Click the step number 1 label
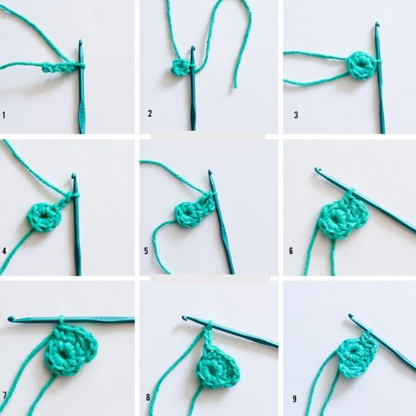[x=4, y=115]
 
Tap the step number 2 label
[x=150, y=114]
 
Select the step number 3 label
[x=296, y=115]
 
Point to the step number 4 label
[x=4, y=251]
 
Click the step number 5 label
[x=146, y=251]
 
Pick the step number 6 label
[x=291, y=251]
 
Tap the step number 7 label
[x=4, y=395]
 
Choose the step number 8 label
[x=148, y=397]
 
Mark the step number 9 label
[x=294, y=399]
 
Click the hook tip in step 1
[x=81, y=41]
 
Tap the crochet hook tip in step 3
[x=377, y=24]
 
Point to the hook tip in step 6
[x=317, y=169]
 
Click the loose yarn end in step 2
[x=235, y=86]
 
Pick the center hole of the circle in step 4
[x=42, y=216]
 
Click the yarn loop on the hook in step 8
[x=209, y=323]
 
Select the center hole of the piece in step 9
[x=353, y=352]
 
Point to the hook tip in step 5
[x=210, y=172]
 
